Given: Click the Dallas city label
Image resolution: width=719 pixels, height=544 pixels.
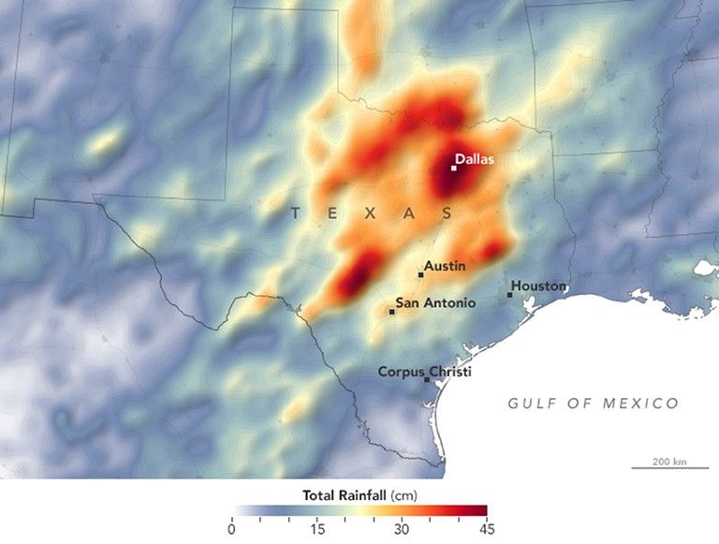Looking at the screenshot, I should pyautogui.click(x=476, y=159).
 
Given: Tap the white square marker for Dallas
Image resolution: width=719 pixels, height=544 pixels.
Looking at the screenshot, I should pyautogui.click(x=454, y=169).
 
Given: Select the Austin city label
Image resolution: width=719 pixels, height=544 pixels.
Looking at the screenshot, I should pyautogui.click(x=445, y=267).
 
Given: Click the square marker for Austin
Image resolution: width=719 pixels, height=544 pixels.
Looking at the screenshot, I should pyautogui.click(x=420, y=275).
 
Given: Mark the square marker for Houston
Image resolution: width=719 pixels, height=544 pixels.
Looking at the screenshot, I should pyautogui.click(x=510, y=295).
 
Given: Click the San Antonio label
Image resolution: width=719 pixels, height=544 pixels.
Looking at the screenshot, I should pyautogui.click(x=435, y=302).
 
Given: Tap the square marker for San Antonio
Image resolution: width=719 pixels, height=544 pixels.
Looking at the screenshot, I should pyautogui.click(x=391, y=312).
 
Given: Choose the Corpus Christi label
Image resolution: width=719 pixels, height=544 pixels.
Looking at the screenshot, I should pyautogui.click(x=424, y=372).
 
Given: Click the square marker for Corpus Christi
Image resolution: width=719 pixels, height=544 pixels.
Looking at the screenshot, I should pyautogui.click(x=428, y=380).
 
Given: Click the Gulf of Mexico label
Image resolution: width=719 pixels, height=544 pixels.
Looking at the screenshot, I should pyautogui.click(x=593, y=404).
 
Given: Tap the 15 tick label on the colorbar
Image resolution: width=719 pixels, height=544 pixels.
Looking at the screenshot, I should pyautogui.click(x=317, y=529).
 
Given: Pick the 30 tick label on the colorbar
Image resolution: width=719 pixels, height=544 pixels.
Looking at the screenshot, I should pyautogui.click(x=402, y=529).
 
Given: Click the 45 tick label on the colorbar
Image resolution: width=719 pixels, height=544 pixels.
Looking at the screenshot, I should pyautogui.click(x=486, y=529).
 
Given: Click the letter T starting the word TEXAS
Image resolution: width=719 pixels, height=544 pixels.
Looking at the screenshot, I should pyautogui.click(x=295, y=214).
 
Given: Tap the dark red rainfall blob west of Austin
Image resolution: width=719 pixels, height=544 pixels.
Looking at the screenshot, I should pyautogui.click(x=354, y=278).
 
